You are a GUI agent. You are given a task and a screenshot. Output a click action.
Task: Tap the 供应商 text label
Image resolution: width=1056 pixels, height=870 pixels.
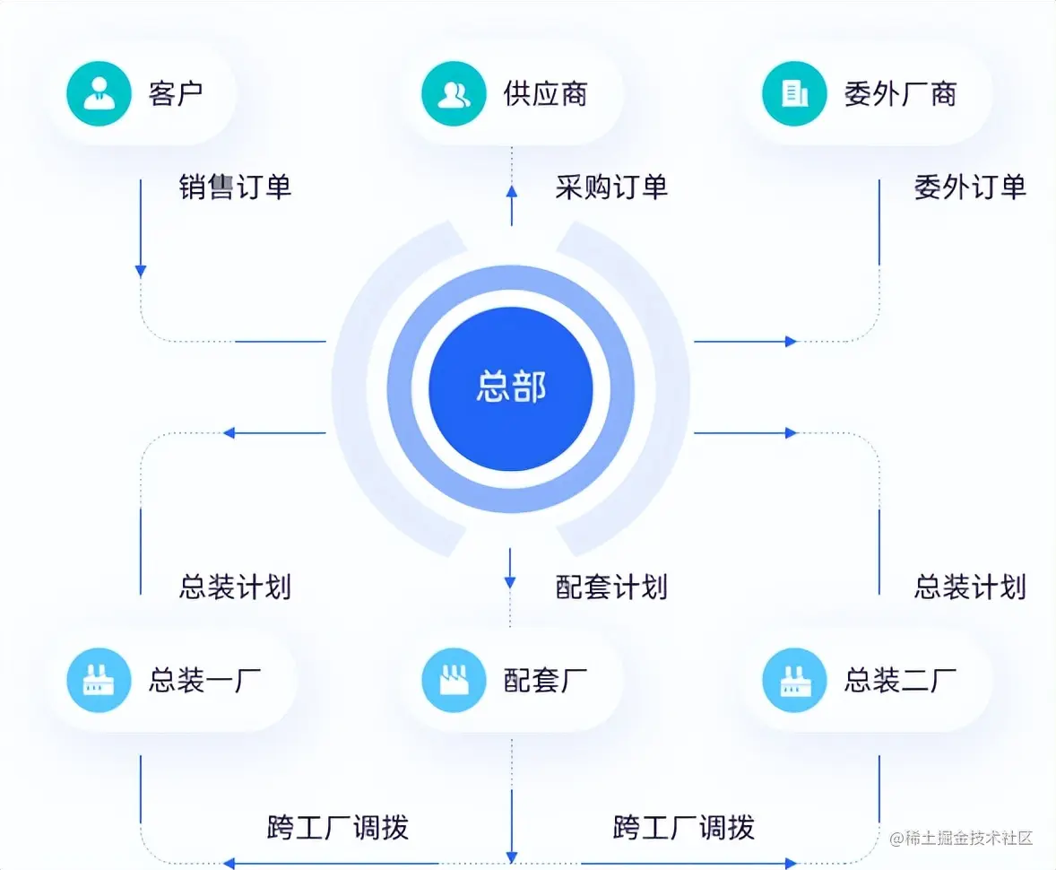click(x=545, y=93)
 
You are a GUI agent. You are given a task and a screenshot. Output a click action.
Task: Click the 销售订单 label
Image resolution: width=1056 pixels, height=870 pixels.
click(x=235, y=187)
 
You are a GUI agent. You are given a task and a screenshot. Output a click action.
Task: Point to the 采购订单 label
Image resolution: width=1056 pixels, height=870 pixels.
click(x=611, y=187)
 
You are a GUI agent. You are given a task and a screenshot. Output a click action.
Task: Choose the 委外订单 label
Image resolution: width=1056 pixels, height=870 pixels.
click(x=970, y=187)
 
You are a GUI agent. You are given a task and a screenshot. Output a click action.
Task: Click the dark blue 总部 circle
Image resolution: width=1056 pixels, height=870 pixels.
click(x=510, y=388)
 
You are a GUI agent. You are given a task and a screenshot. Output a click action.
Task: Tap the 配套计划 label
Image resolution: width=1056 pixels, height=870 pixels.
click(x=611, y=587)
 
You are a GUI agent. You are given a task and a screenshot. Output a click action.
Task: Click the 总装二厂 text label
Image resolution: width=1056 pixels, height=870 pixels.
click(x=900, y=681)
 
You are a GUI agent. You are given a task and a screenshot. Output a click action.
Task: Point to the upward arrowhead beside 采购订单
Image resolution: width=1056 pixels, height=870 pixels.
click(x=511, y=191)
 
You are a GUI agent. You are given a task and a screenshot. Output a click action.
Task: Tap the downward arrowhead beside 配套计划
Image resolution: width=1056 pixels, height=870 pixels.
click(x=510, y=582)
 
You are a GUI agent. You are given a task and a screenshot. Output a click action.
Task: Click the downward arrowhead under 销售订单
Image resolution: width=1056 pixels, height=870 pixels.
click(x=141, y=270)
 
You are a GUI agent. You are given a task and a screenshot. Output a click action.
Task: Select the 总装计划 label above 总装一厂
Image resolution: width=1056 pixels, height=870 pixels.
click(x=235, y=587)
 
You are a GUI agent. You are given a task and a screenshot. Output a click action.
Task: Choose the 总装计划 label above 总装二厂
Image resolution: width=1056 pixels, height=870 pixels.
click(x=970, y=587)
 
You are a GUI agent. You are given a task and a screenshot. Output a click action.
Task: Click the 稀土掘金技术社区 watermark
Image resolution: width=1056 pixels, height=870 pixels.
click(x=961, y=838)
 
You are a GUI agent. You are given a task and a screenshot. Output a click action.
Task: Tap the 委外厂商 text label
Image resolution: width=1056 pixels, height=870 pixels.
click(x=900, y=93)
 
